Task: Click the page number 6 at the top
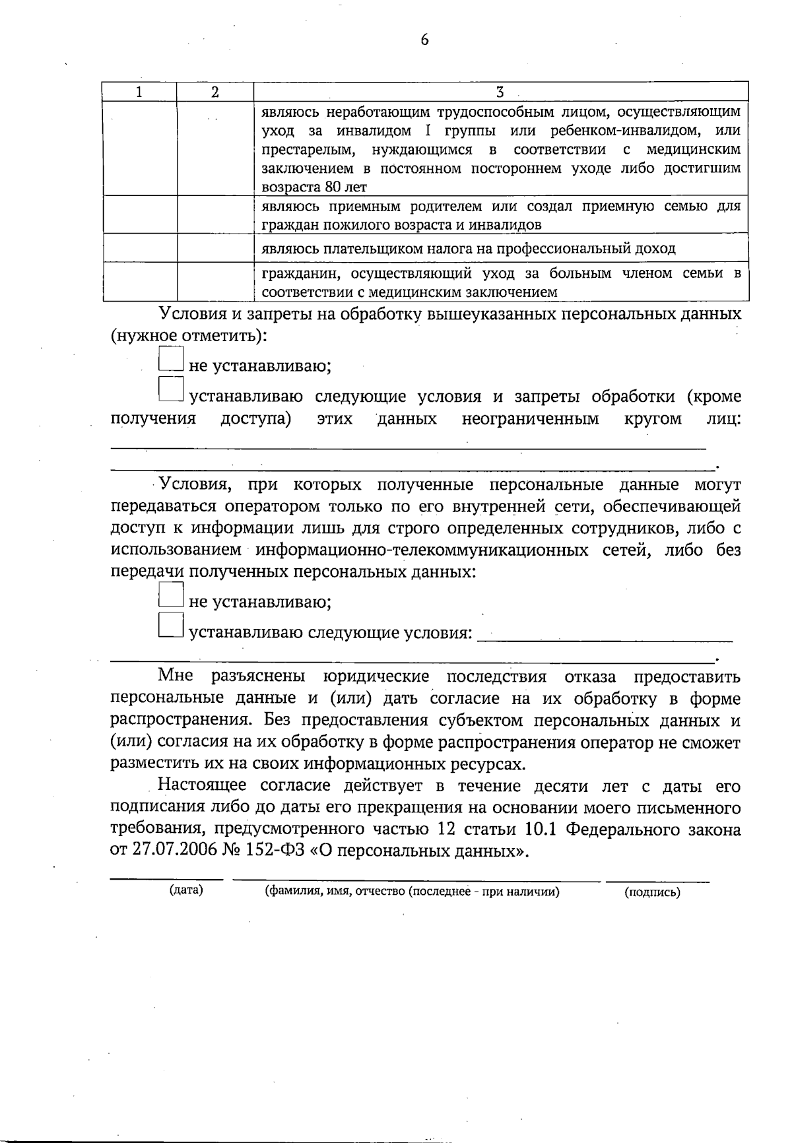(424, 40)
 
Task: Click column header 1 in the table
(139, 92)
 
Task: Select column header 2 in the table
(215, 92)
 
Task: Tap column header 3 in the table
(500, 92)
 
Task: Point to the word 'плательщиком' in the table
(365, 249)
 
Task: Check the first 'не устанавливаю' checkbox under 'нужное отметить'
(170, 359)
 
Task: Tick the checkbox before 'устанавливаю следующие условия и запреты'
(170, 389)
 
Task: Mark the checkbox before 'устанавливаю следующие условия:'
(170, 626)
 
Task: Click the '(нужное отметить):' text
(189, 336)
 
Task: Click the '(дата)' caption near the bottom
(186, 891)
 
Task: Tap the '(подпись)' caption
(652, 893)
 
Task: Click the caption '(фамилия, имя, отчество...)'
(412, 892)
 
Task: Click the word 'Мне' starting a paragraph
(175, 677)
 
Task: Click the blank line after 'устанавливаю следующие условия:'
(604, 637)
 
